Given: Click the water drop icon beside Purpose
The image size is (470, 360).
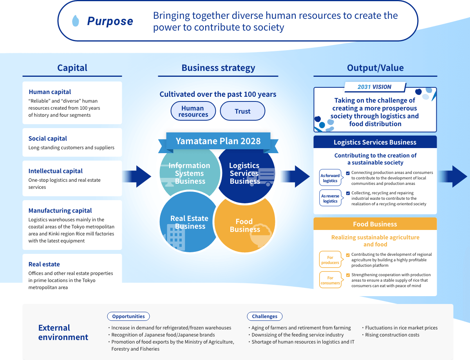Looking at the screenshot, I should pyautogui.click(x=76, y=21).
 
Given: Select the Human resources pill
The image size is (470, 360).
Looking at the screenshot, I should pyautogui.click(x=193, y=111).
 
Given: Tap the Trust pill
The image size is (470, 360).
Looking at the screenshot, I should pyautogui.click(x=242, y=111).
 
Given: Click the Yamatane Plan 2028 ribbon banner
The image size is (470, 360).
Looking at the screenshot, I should pyautogui.click(x=218, y=141).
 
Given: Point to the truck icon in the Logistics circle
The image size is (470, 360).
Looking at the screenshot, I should pyautogui.click(x=261, y=177).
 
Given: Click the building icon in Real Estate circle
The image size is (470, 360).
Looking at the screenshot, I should pyautogui.click(x=175, y=237).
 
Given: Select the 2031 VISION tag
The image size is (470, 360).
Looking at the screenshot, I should pyautogui.click(x=374, y=87).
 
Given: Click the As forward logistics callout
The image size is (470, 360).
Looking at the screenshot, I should pyautogui.click(x=330, y=178).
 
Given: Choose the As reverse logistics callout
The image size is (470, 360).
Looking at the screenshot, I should pyautogui.click(x=330, y=199).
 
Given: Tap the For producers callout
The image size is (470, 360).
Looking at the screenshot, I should pyautogui.click(x=330, y=260).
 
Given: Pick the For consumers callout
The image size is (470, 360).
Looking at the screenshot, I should pyautogui.click(x=330, y=280).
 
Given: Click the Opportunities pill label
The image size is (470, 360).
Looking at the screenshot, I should pyautogui.click(x=128, y=317).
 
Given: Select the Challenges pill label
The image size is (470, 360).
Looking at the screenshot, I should pyautogui.click(x=264, y=317).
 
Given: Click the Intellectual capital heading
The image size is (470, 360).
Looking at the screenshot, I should pyautogui.click(x=56, y=171).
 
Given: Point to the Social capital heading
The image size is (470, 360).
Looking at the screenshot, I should pyautogui.click(x=48, y=139).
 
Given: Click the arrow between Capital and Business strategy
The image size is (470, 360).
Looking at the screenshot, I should pyautogui.click(x=137, y=176).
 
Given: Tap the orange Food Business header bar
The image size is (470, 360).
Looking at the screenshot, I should pyautogui.click(x=375, y=224).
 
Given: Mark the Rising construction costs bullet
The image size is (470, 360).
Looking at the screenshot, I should pyautogui.click(x=392, y=335).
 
